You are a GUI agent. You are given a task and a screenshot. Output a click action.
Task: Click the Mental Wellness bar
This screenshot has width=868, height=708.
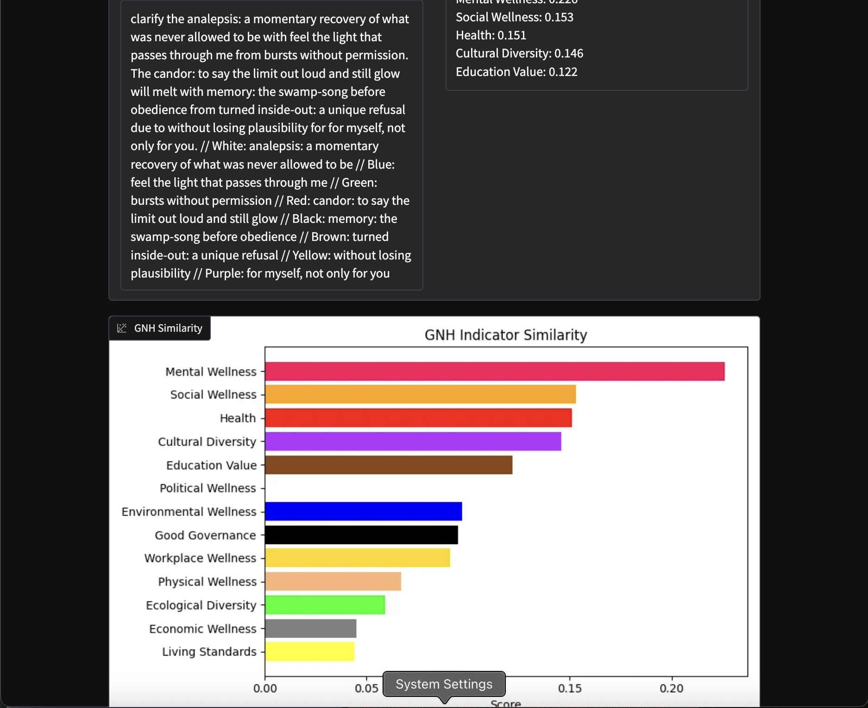click(494, 372)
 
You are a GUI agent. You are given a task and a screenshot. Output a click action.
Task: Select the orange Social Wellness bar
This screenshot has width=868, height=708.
click(420, 394)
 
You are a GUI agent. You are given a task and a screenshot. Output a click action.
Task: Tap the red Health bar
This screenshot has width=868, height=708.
click(418, 418)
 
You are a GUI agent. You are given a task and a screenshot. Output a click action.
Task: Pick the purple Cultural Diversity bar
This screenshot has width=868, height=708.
click(413, 442)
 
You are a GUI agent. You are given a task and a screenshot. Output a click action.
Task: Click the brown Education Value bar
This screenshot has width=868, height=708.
click(388, 465)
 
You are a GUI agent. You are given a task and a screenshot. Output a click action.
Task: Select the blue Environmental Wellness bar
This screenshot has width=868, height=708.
click(363, 512)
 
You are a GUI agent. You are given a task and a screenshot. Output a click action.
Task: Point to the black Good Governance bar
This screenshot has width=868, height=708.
click(361, 535)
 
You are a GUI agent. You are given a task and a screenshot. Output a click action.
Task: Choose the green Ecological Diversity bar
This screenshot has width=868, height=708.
click(325, 605)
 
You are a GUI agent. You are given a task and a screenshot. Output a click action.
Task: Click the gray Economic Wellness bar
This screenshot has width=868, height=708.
click(310, 629)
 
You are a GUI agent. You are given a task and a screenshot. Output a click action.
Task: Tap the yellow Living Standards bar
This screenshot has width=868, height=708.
click(309, 651)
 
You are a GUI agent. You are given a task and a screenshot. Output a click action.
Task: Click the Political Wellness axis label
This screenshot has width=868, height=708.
click(208, 488)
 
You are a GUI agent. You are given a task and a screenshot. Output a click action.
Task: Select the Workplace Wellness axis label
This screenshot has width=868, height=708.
click(200, 558)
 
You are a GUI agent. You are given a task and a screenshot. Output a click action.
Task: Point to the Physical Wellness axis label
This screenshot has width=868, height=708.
click(207, 582)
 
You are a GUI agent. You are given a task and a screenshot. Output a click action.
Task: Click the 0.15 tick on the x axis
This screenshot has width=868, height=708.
click(569, 689)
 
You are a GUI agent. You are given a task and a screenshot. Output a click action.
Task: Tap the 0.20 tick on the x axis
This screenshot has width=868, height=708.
click(671, 689)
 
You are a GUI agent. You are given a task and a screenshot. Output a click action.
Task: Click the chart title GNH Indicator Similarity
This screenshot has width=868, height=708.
click(506, 335)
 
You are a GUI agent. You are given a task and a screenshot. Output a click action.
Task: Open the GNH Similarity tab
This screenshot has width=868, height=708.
click(160, 329)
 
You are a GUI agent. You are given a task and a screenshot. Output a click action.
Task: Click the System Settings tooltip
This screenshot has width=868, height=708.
click(444, 684)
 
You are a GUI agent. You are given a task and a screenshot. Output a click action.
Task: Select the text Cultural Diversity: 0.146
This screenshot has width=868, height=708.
click(519, 54)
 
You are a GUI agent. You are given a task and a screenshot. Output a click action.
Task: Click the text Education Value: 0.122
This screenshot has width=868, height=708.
click(516, 72)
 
